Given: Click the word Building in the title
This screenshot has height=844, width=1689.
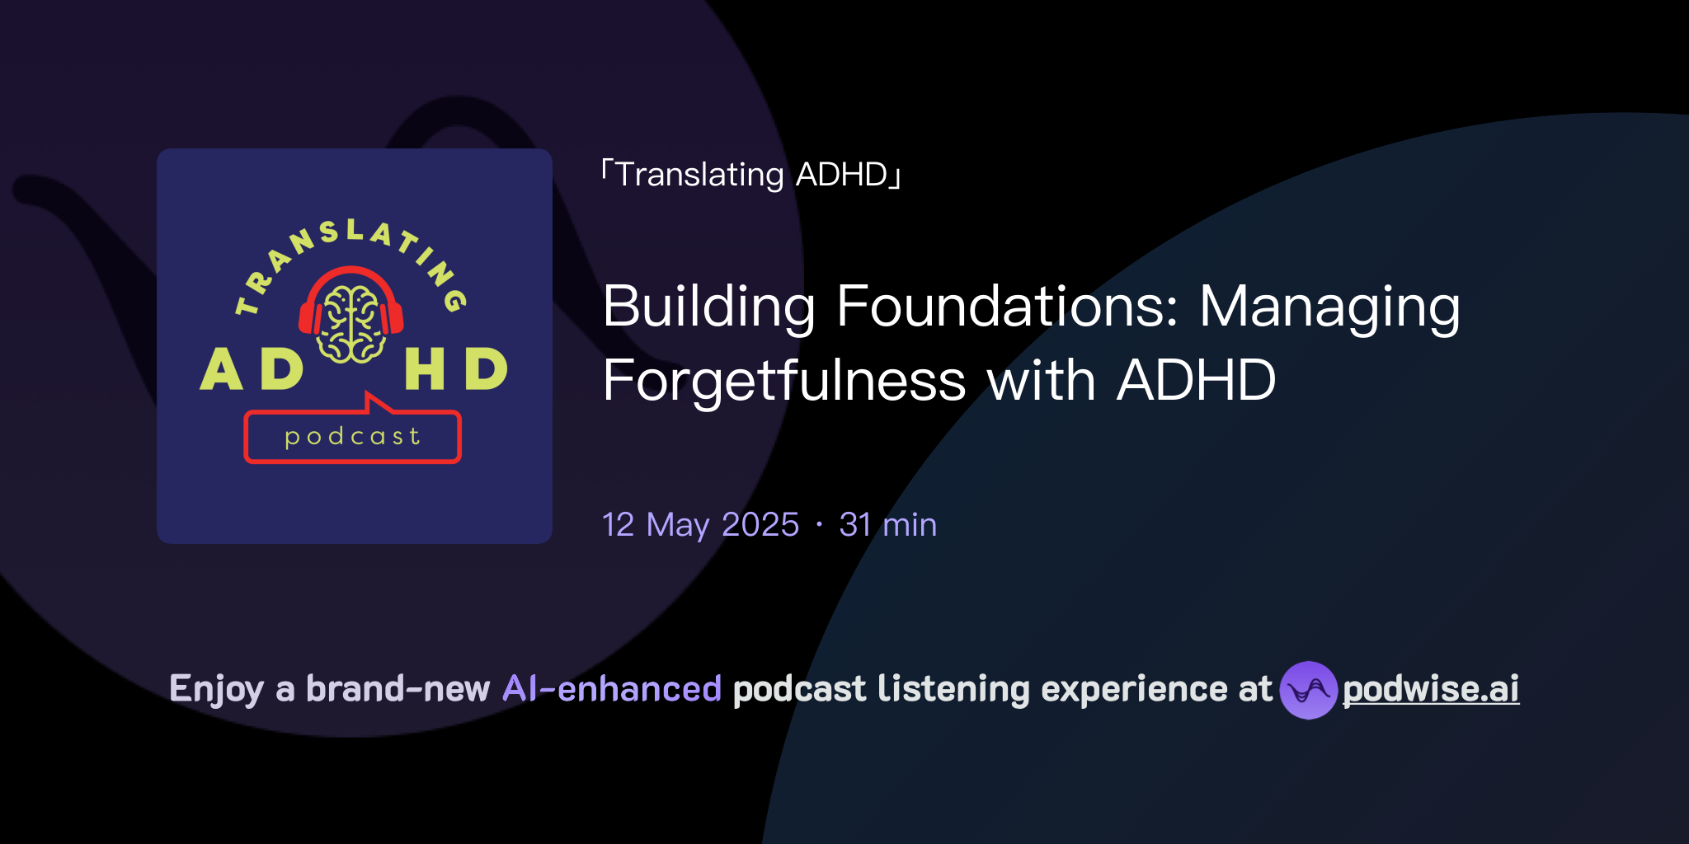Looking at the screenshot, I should [709, 307].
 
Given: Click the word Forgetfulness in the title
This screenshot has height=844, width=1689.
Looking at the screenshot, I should [783, 382].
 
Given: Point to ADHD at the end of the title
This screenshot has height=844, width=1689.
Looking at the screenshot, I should [1196, 382].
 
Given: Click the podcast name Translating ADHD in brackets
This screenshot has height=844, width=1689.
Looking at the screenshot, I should [750, 175].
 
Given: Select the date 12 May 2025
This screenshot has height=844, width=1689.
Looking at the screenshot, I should [700, 525].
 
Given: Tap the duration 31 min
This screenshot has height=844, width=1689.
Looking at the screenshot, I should [887, 525].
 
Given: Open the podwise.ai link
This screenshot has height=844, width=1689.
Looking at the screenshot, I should [1430, 690].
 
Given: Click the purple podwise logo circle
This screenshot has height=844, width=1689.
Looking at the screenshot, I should [1308, 690].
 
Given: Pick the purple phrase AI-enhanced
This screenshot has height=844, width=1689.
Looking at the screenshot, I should [612, 689].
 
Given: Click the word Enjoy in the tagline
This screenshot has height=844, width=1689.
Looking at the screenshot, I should [216, 690].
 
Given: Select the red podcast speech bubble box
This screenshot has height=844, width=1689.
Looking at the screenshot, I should [352, 437].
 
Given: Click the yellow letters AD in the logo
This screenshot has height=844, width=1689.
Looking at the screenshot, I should [252, 369].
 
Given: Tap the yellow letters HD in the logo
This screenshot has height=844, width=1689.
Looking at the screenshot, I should [455, 369].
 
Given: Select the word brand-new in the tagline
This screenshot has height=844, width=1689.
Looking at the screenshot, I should [398, 689].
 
